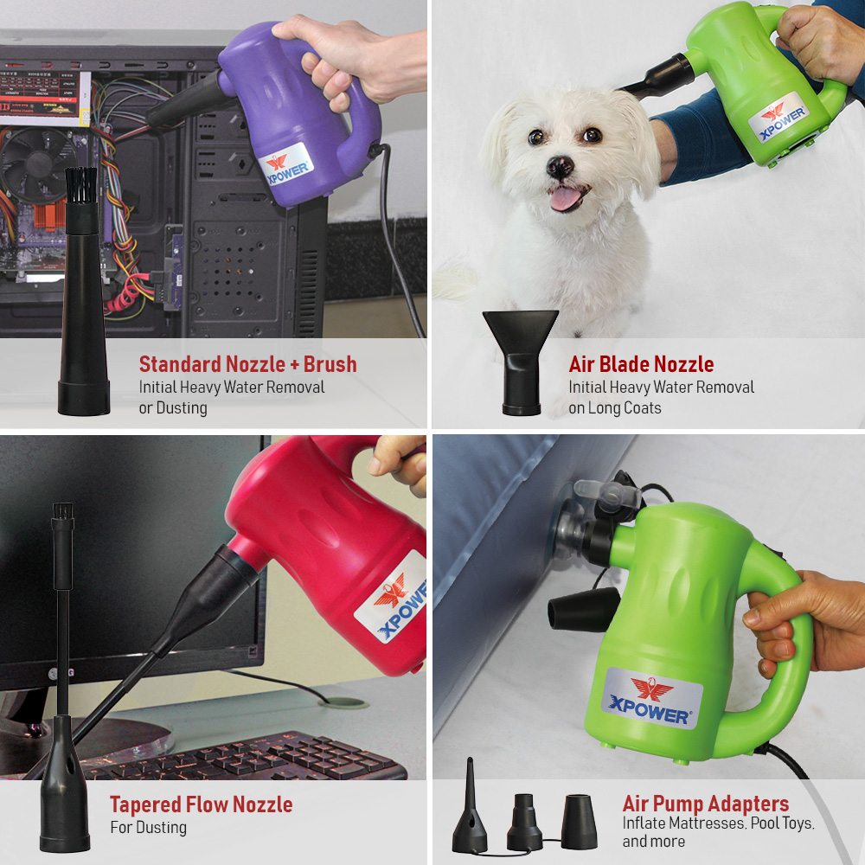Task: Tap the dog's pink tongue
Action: [567, 198]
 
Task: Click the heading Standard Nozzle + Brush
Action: [247, 364]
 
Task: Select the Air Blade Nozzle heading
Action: [641, 364]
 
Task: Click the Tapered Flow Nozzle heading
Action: [201, 805]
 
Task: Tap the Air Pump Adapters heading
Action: [705, 804]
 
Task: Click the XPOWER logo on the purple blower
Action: [285, 164]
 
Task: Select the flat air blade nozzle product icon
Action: [520, 359]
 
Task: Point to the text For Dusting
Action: [148, 828]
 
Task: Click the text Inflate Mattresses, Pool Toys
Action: [718, 823]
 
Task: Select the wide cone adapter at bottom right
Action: [579, 822]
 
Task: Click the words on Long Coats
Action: [614, 408]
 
